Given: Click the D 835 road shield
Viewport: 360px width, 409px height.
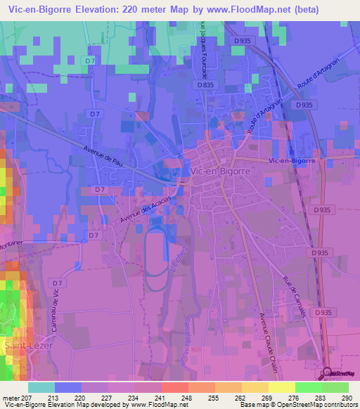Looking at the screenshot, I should pos(205,84).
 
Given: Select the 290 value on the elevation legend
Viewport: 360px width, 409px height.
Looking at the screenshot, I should pos(345,398).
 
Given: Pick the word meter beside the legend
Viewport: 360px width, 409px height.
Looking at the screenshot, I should pos(11,398).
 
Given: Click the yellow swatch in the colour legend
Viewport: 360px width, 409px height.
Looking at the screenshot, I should pos(281,387).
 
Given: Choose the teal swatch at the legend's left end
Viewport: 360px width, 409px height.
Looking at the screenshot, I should pos(41,387).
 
